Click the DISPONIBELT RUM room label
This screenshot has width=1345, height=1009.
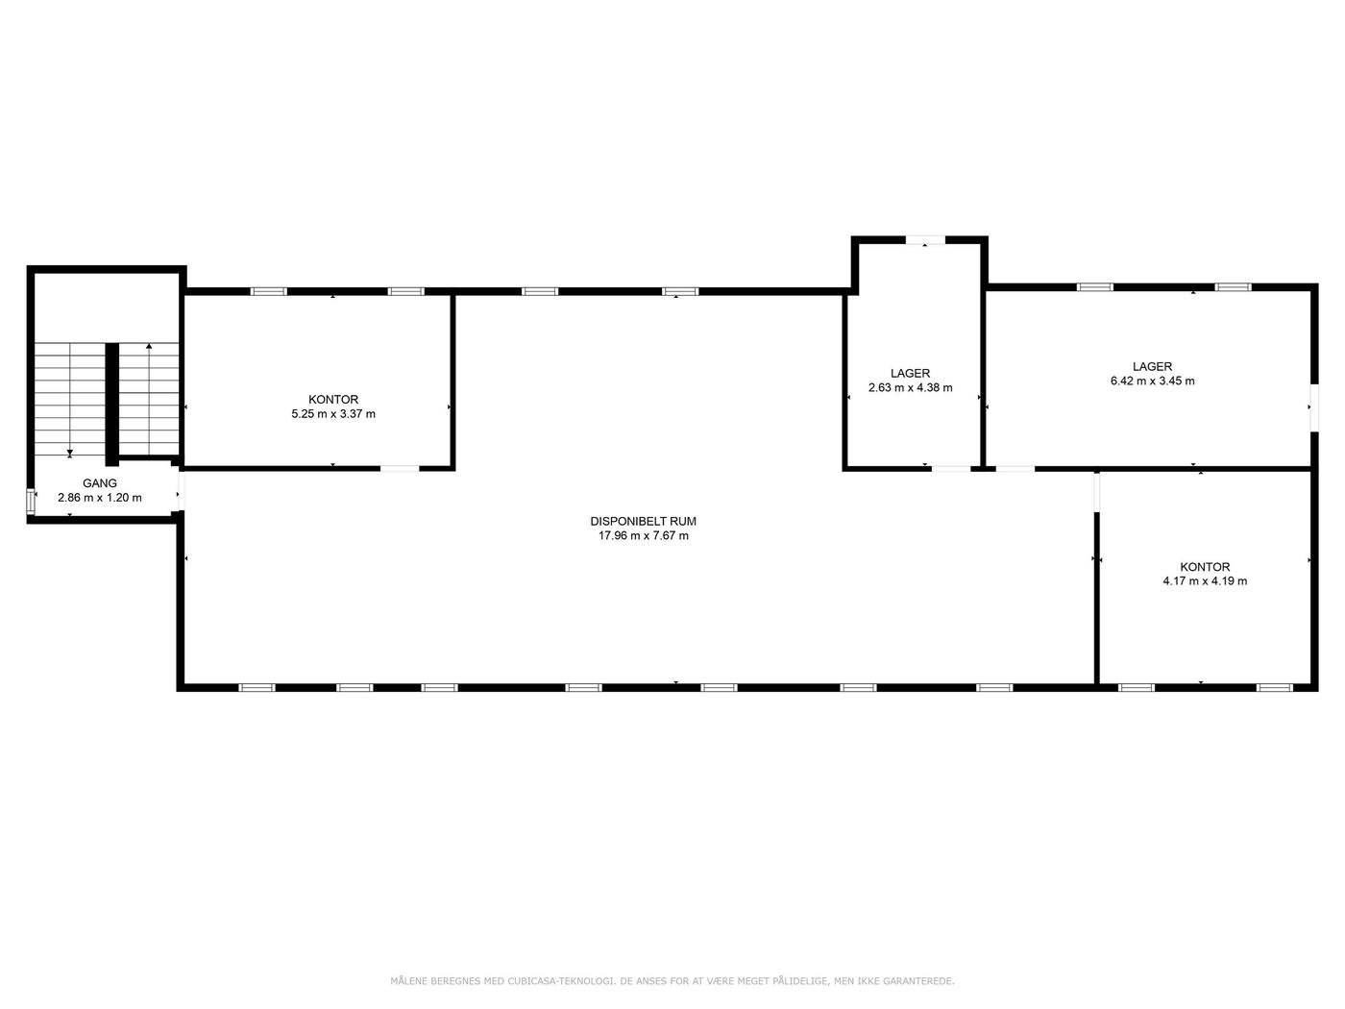(x=643, y=522)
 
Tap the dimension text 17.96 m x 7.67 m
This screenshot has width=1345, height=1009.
(x=643, y=536)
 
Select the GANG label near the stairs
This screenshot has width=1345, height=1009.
(x=99, y=483)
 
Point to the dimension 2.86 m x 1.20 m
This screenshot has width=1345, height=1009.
(x=99, y=498)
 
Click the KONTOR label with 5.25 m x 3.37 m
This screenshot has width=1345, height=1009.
(x=333, y=400)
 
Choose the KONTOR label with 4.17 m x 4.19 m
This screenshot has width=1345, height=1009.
(x=1205, y=567)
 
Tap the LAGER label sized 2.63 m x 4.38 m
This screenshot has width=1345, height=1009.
(x=910, y=373)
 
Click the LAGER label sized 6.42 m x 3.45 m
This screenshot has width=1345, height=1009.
(x=1152, y=366)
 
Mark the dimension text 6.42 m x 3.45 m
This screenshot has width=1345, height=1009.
(x=1152, y=381)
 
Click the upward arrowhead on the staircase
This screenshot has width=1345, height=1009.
(x=149, y=346)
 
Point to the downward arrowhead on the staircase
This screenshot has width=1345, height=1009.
(x=70, y=454)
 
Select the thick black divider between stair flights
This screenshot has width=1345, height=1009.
(x=112, y=405)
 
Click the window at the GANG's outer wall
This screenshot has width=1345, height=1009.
(x=30, y=499)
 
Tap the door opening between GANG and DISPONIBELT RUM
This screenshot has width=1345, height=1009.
(x=181, y=489)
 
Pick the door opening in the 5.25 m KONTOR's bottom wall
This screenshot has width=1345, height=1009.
(x=400, y=469)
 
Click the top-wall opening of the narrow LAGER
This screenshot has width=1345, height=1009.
(x=925, y=240)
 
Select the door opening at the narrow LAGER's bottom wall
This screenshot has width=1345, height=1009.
(x=952, y=469)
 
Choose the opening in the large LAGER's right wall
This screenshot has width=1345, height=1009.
(x=1314, y=408)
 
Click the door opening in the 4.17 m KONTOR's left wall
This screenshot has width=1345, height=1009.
(x=1097, y=492)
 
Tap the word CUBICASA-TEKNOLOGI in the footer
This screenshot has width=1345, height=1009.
(x=561, y=981)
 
